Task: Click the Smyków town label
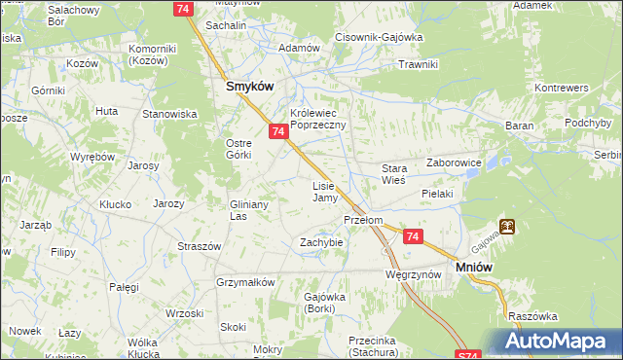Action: (x=249, y=86)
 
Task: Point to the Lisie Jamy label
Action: (x=324, y=192)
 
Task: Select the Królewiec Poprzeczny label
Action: (x=311, y=120)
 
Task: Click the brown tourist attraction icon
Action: (x=507, y=227)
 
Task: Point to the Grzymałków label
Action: (x=246, y=282)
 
